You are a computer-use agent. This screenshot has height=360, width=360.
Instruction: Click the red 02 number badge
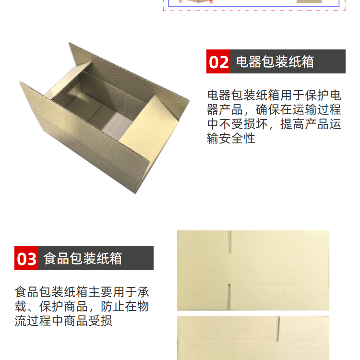point(218,61)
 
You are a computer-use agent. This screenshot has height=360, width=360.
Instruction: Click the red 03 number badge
point(26,258)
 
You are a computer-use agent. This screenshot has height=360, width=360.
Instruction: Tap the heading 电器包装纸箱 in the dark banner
point(275,61)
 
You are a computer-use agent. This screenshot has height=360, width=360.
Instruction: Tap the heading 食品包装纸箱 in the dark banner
point(83,258)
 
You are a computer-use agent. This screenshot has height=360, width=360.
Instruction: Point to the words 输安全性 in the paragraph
point(231,138)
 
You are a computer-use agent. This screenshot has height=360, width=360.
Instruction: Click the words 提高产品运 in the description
point(311,124)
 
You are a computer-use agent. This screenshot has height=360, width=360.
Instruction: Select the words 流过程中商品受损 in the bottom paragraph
point(63,321)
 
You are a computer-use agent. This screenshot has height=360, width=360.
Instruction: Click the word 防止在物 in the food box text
point(125,307)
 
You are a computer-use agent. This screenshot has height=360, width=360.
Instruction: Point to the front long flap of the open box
point(85,135)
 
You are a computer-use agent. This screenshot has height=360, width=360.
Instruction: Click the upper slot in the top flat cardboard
point(230,242)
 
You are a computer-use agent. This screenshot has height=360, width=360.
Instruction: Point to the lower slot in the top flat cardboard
point(229,297)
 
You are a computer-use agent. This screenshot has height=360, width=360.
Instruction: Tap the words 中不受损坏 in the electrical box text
point(237,124)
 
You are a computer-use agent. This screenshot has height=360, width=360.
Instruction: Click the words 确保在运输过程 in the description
point(299,109)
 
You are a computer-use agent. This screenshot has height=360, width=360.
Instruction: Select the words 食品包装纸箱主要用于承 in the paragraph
point(82,292)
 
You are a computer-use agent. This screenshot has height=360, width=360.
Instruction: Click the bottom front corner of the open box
point(136,193)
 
